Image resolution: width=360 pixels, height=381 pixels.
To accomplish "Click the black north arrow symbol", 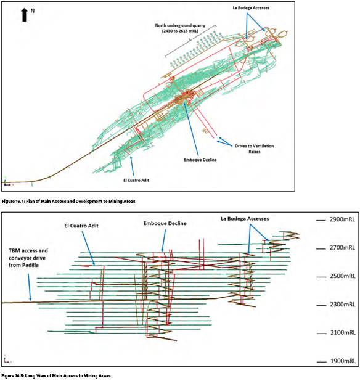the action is pos(24,15).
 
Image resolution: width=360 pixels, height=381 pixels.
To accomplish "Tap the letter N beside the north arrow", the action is pos(33,11).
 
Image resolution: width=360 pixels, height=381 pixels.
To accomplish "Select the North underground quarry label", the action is pos(180,28).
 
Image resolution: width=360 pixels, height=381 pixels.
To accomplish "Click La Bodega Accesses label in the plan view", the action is pos(251,8).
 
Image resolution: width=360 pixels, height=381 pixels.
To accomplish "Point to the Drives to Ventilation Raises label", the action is pos(255,149).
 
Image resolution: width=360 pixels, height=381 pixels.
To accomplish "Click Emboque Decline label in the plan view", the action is pos(200,160).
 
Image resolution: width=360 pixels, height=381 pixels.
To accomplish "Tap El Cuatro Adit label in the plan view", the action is pos(136,180).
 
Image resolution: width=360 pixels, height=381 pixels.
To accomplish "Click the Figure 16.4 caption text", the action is pos(68,201).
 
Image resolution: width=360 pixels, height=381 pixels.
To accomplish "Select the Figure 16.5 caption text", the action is pos(56,376).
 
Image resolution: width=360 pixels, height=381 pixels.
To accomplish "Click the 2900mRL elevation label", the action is pos(342,219).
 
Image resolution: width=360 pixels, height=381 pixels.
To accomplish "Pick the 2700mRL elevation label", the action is pos(342,248).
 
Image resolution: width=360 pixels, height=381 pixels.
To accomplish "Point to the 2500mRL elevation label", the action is pos(343,276).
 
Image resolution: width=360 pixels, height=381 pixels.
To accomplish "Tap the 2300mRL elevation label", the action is pos(343,304).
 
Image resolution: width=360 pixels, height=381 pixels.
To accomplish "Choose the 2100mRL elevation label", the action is pos(343,332).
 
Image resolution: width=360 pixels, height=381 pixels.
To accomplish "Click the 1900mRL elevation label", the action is pos(343,361).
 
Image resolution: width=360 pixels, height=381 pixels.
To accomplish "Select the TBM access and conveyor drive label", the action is pos(28,258).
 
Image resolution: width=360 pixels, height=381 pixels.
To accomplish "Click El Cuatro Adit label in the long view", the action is pos(81,226).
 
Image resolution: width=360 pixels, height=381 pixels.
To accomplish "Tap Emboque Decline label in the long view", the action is pos(165,223).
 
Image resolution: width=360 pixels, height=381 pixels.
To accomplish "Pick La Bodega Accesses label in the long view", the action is pos(245,219).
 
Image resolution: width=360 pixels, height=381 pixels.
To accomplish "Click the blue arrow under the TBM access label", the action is pos(30,287).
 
